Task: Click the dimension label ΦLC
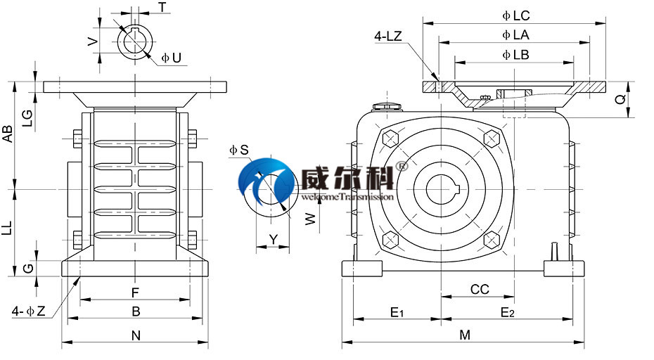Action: click(516, 15)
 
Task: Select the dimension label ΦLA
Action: click(516, 34)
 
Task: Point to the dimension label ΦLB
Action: click(515, 54)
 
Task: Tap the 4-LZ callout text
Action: click(388, 37)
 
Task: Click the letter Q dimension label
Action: click(620, 100)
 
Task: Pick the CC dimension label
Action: click(480, 290)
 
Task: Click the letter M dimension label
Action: click(465, 335)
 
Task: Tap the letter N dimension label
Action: click(136, 336)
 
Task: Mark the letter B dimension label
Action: click(136, 311)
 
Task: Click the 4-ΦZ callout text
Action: click(29, 311)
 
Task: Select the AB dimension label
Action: click(8, 134)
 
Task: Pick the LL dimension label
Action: click(8, 226)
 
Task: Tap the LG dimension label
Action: click(27, 117)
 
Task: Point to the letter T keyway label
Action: click(162, 7)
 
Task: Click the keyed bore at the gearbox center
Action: click(441, 190)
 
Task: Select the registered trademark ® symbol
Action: click(402, 167)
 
